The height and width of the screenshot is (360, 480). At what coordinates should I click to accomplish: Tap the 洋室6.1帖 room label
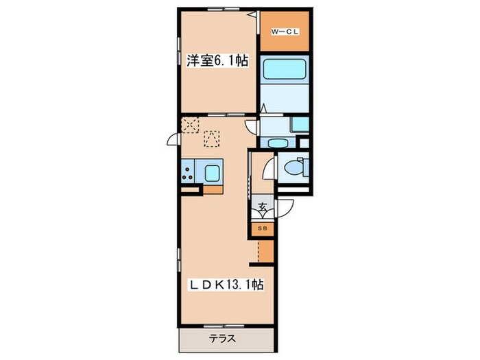(217, 60)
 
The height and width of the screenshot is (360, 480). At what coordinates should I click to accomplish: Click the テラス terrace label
(223, 337)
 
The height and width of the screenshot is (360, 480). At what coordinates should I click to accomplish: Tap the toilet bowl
(293, 167)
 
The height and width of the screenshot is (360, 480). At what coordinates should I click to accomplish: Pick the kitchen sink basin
(212, 171)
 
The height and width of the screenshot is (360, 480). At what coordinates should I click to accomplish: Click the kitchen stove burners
(187, 171)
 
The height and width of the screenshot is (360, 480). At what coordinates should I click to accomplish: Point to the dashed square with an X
(190, 124)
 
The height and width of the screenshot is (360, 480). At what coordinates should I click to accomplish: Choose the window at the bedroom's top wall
(221, 10)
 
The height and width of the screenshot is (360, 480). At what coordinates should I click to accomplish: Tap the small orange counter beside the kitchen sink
(213, 189)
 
